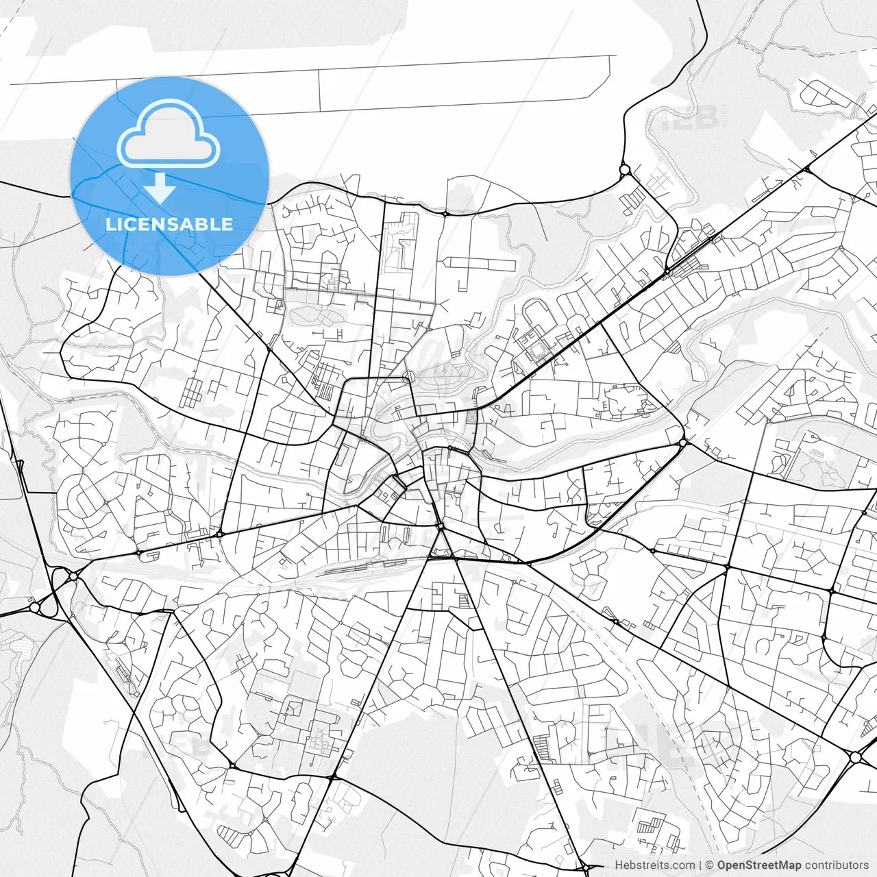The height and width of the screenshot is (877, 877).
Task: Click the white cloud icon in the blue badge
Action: (x=168, y=134)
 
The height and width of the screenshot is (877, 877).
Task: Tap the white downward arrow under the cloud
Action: (x=160, y=188)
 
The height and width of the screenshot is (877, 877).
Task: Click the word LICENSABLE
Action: (x=169, y=224)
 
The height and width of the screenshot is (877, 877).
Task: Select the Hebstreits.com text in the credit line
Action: (x=655, y=865)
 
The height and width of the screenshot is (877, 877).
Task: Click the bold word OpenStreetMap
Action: (x=759, y=865)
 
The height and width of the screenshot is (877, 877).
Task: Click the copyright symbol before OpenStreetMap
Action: (x=710, y=865)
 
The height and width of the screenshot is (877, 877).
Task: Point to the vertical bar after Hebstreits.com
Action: (x=700, y=865)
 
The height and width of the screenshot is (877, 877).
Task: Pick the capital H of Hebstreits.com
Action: (x=619, y=865)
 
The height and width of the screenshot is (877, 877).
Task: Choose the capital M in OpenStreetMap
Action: (x=784, y=865)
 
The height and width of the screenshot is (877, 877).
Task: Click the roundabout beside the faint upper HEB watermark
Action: (x=624, y=169)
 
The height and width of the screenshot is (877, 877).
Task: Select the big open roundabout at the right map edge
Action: (x=856, y=757)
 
